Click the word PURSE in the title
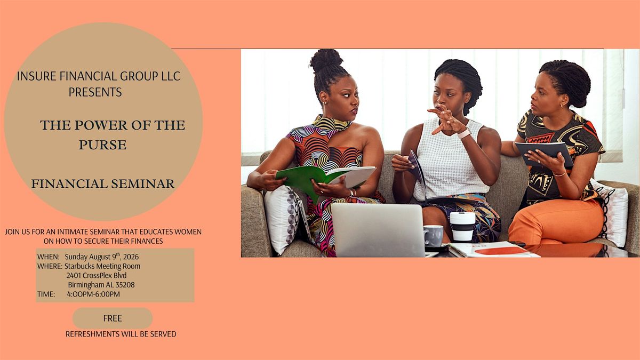(102, 145)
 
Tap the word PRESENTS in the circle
(95, 92)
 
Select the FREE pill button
(113, 318)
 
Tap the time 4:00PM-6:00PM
(93, 294)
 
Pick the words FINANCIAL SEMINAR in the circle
(103, 183)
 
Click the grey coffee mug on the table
(434, 236)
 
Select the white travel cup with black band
(462, 227)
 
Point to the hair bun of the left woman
(326, 60)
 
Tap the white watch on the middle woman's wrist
(464, 133)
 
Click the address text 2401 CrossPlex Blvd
(97, 275)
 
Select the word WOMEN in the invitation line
(188, 231)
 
